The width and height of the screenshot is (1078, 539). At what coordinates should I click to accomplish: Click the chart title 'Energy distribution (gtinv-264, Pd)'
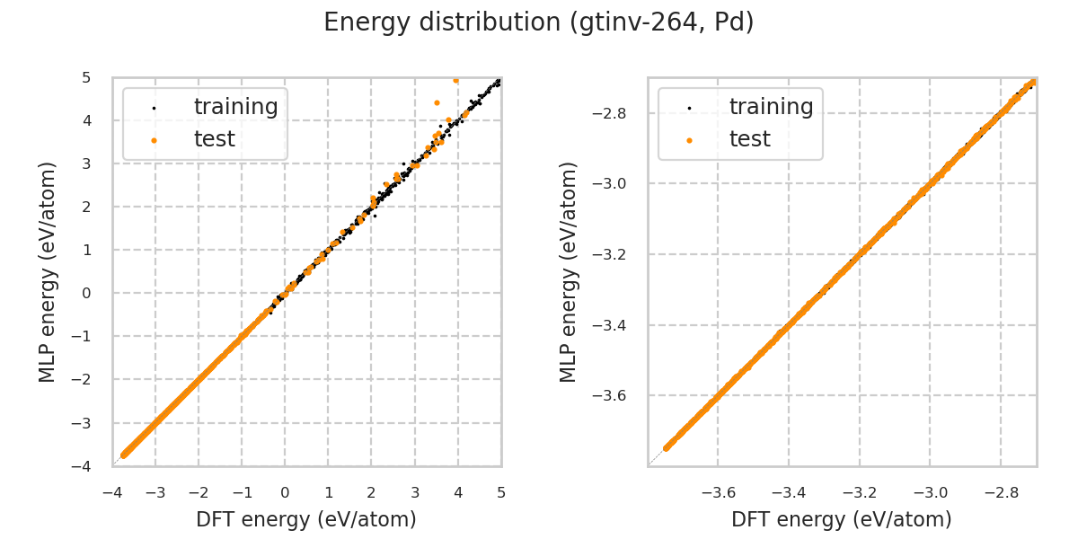click(x=538, y=22)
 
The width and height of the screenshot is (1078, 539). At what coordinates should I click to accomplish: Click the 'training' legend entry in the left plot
click(x=235, y=107)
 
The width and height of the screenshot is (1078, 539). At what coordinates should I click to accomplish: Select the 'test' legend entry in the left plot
click(x=214, y=139)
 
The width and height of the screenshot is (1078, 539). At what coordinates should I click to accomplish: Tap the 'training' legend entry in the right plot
click(x=771, y=107)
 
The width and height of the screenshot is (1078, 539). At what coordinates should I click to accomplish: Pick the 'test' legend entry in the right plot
click(x=749, y=139)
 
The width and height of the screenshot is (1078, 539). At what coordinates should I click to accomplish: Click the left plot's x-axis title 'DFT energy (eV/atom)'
click(x=306, y=519)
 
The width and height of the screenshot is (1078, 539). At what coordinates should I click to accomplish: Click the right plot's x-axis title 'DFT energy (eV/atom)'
click(x=842, y=519)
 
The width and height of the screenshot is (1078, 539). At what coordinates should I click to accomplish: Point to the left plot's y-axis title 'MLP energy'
click(x=48, y=271)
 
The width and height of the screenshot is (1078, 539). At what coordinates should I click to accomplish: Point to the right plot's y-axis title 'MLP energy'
click(x=569, y=271)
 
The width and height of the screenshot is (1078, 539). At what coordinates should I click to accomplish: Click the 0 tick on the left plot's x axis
click(x=285, y=492)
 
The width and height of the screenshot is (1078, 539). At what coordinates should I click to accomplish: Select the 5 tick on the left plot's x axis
click(x=501, y=492)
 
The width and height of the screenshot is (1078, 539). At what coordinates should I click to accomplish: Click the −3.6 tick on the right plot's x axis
click(x=718, y=492)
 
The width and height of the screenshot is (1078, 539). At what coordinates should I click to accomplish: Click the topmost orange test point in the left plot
click(x=455, y=80)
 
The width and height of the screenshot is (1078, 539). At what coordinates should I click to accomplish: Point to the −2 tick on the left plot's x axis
click(x=199, y=492)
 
